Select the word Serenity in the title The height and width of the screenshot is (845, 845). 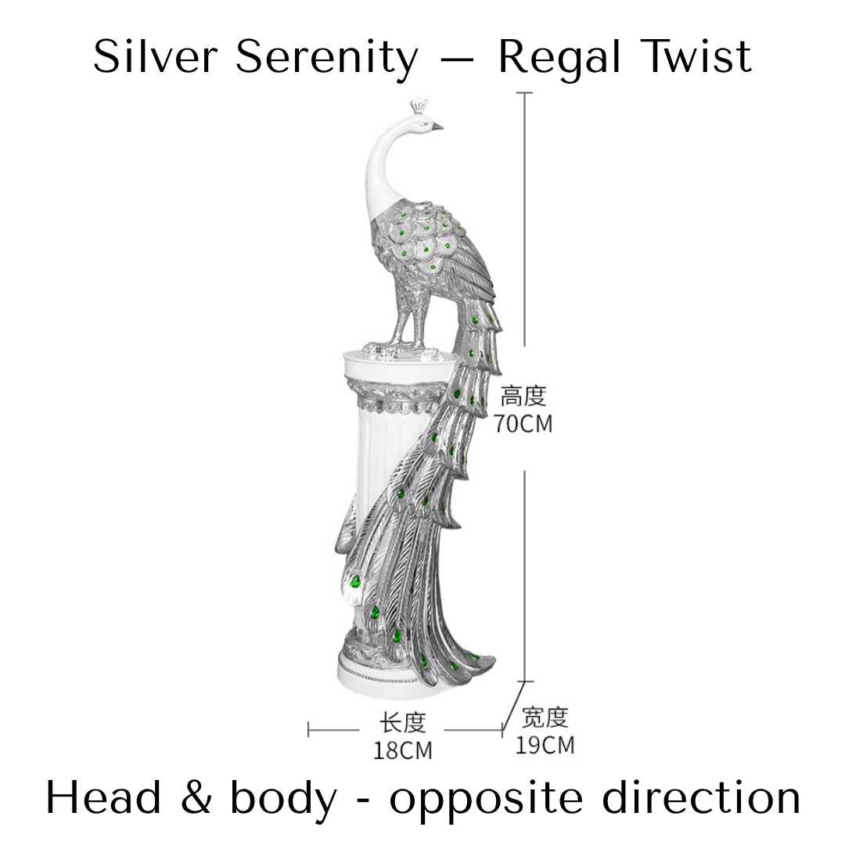pyautogui.click(x=327, y=58)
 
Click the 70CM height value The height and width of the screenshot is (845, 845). pyautogui.click(x=523, y=424)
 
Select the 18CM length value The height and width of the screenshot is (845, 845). pyautogui.click(x=402, y=750)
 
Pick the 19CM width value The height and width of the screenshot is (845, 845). pyautogui.click(x=545, y=745)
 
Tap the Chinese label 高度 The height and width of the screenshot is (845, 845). pyautogui.click(x=523, y=396)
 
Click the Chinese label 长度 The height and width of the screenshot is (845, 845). pyautogui.click(x=402, y=722)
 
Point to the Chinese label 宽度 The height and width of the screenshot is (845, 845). pyautogui.click(x=545, y=717)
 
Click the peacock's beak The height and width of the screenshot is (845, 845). pyautogui.click(x=437, y=125)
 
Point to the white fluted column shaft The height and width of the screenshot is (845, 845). pyautogui.click(x=383, y=469)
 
